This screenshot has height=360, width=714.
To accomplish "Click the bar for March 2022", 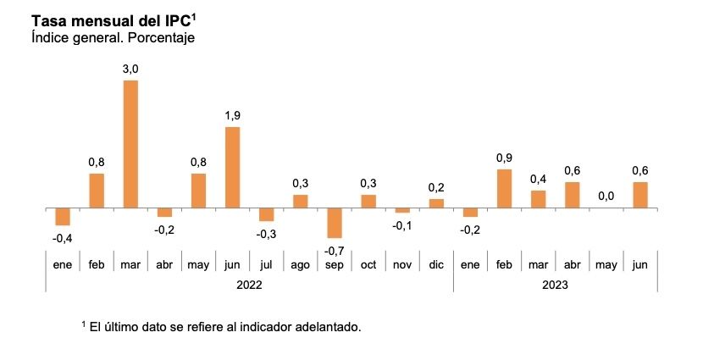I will click(x=130, y=144).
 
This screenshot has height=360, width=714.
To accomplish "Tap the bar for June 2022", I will click(x=232, y=167).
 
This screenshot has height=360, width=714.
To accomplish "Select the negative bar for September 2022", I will click(x=334, y=223).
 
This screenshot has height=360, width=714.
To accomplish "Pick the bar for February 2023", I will click(x=504, y=188).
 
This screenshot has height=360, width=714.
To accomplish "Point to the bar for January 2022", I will click(x=63, y=216).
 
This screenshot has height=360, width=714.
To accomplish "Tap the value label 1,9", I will click(x=232, y=116).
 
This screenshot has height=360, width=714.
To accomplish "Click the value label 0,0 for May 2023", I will click(x=606, y=196).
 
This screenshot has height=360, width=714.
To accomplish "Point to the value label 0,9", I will click(x=504, y=158).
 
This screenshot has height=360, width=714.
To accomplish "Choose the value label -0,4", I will click(x=62, y=238).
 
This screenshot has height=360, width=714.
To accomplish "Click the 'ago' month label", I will click(x=300, y=264).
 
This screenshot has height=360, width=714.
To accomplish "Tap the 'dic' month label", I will click(x=436, y=264).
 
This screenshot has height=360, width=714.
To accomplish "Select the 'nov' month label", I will click(x=402, y=264).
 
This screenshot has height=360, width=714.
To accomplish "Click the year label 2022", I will click(x=249, y=285).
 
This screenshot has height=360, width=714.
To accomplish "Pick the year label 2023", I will click(x=555, y=285).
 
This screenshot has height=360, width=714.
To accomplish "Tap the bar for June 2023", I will click(x=639, y=195).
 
